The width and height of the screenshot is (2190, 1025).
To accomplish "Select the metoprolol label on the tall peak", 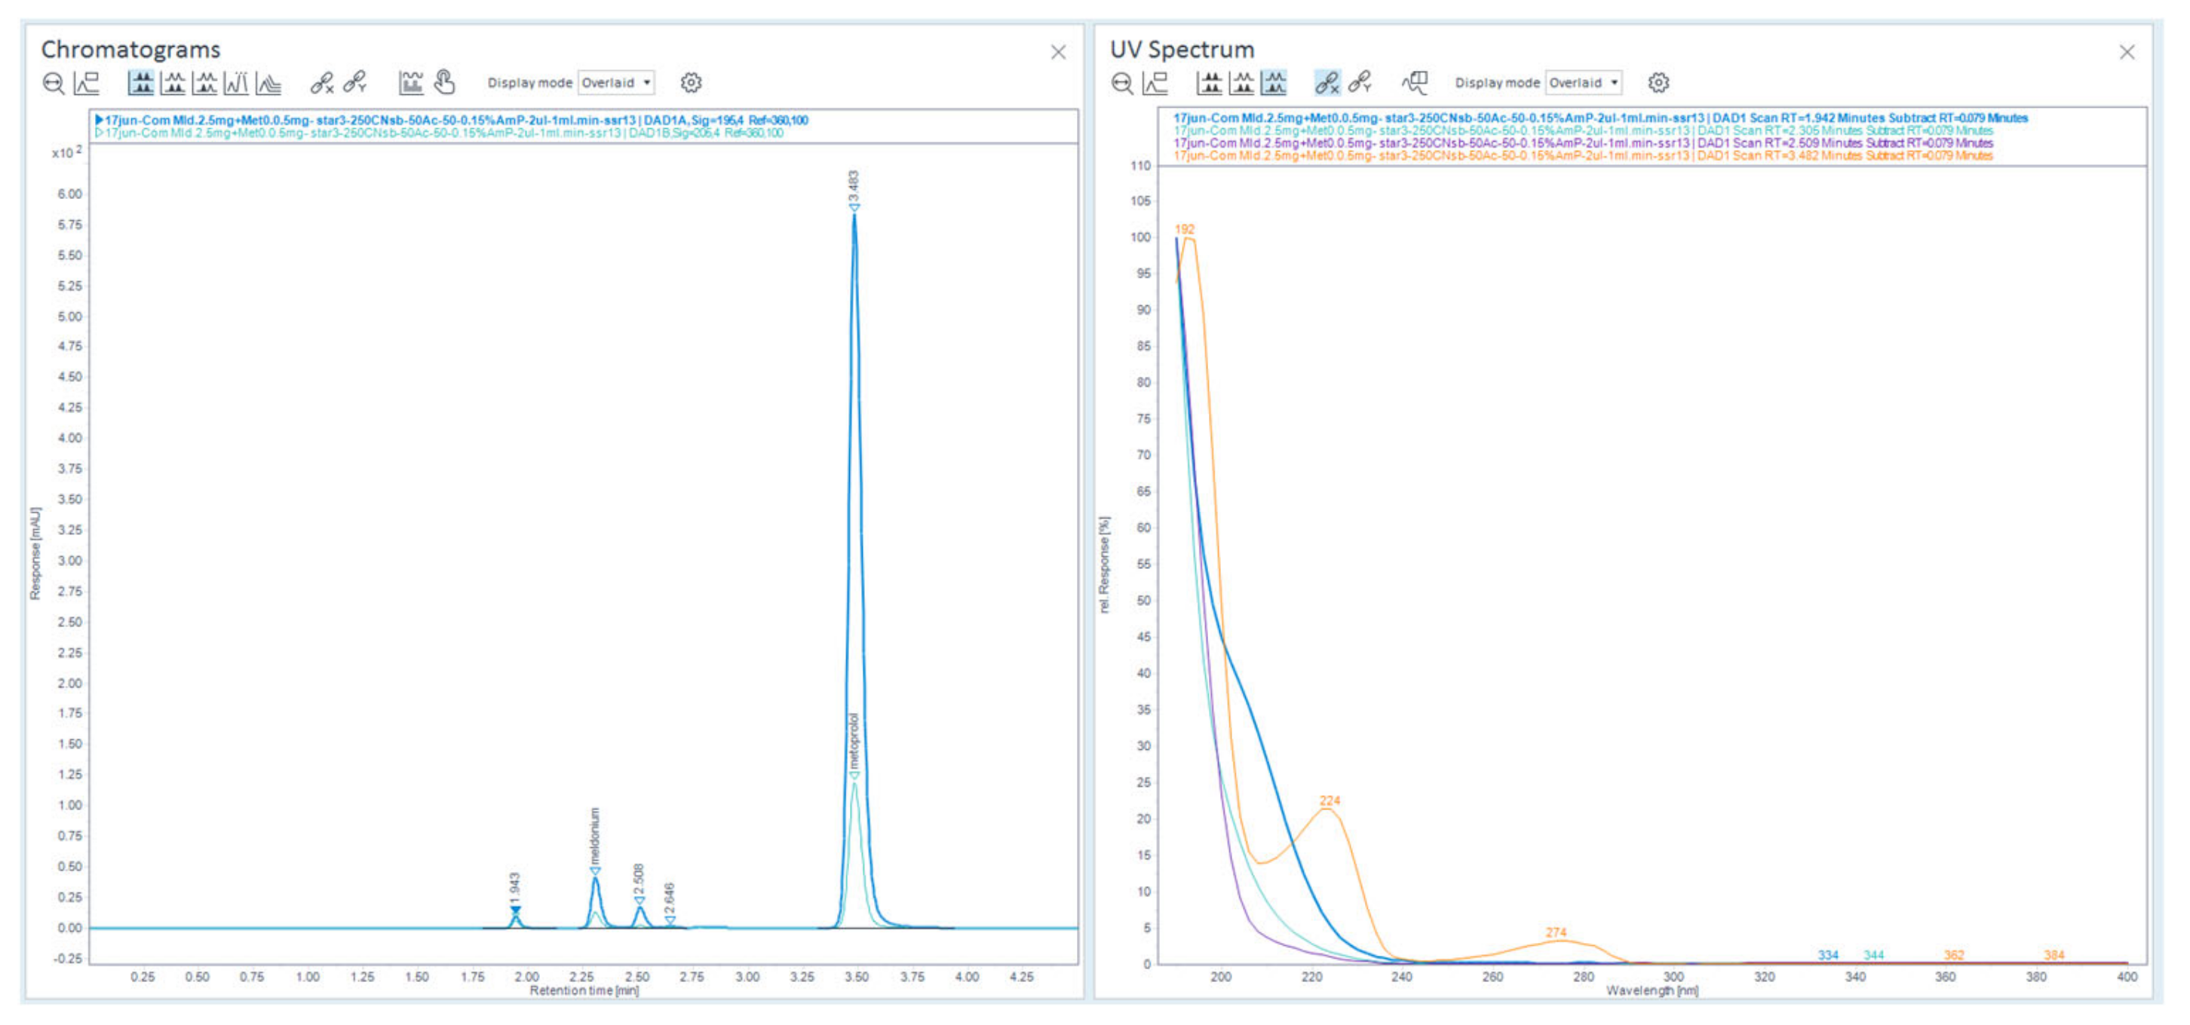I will click(854, 741).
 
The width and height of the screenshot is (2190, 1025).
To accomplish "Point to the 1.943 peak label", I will click(514, 887).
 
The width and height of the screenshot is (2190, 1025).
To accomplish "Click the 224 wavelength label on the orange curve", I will click(1329, 800).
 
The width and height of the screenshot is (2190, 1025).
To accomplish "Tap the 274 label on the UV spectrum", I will click(1555, 932).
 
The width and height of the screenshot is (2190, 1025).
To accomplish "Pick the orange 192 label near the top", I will click(1184, 229).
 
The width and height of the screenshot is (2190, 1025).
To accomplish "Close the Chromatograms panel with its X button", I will click(1057, 53).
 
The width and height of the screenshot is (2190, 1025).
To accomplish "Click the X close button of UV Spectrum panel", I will click(2126, 53).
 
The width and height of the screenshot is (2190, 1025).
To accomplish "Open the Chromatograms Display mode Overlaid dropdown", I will click(616, 82).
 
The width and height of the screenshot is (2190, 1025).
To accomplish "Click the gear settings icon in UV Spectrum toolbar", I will click(1658, 82).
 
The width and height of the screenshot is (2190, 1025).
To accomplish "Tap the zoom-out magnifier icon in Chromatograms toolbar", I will click(54, 82).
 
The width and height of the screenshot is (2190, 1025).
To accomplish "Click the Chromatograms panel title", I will click(130, 49).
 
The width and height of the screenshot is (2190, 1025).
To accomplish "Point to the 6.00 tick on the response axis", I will click(69, 194).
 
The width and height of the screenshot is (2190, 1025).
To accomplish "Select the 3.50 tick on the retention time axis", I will click(856, 977).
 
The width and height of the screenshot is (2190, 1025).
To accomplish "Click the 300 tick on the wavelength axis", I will click(1673, 977).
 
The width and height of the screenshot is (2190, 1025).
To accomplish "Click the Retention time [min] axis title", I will click(583, 990).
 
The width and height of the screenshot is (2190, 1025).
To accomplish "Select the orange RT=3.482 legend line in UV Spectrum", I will click(1582, 155).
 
